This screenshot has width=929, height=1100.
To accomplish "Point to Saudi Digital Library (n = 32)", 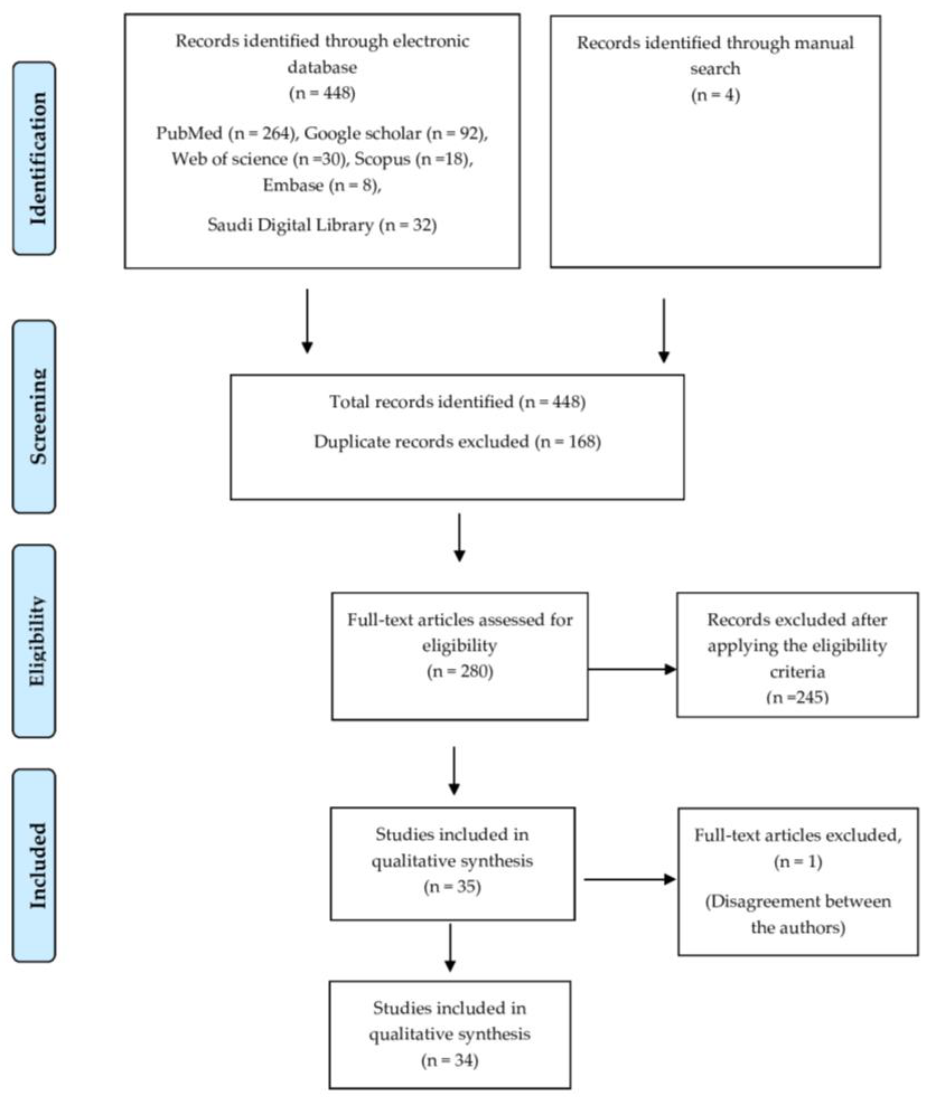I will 322,225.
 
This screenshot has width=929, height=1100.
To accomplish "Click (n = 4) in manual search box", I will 715,95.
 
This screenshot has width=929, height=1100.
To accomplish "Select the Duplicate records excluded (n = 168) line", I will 457,441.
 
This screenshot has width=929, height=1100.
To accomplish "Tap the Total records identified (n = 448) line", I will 457,402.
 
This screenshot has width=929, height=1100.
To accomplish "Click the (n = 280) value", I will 460,671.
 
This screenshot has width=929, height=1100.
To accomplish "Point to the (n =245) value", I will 797,697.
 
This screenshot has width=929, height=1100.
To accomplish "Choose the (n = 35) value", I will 452,886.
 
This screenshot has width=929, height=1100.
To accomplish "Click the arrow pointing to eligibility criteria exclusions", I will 632,670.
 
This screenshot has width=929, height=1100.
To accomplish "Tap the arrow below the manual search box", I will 664,331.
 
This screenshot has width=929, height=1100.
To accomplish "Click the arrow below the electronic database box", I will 307,321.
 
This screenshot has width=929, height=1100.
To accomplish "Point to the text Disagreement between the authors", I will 798,914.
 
